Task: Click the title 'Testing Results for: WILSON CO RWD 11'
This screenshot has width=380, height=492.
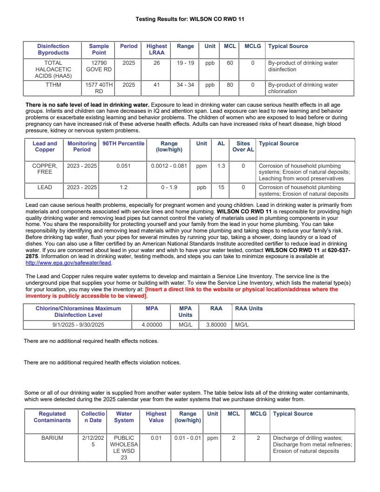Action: [190, 19]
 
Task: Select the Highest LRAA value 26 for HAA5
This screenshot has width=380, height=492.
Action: [156, 63]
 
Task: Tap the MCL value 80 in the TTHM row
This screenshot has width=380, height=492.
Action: [230, 85]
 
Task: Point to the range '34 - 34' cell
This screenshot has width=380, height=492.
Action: [185, 85]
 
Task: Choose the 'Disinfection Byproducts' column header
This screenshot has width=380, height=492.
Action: [53, 49]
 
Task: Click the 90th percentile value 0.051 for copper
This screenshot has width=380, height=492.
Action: [123, 166]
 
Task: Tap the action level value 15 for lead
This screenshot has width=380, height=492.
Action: [221, 187]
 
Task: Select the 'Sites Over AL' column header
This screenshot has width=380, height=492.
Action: [243, 147]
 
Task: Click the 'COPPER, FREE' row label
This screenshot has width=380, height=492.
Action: [45, 169]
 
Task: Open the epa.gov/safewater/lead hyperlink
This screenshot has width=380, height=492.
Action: [68, 263]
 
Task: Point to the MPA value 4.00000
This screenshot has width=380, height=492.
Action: [152, 325]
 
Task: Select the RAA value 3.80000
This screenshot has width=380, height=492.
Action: [216, 325]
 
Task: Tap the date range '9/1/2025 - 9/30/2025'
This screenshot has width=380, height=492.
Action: [78, 325]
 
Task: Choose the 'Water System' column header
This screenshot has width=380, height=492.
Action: [124, 417]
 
